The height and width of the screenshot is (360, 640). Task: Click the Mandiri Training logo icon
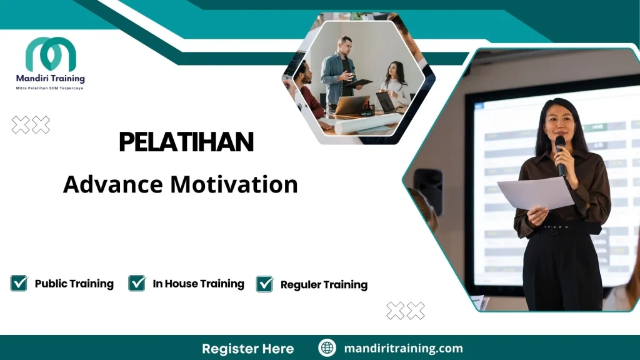pyautogui.click(x=51, y=54)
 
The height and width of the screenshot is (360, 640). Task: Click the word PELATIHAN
pyautogui.click(x=186, y=142)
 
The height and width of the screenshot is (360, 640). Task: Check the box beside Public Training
pyautogui.click(x=19, y=283)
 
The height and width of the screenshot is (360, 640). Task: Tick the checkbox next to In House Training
pyautogui.click(x=137, y=283)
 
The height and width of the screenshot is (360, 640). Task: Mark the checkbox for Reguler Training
pyautogui.click(x=264, y=284)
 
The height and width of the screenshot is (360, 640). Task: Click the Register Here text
pyautogui.click(x=247, y=348)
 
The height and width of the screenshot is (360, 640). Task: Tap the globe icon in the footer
pyautogui.click(x=327, y=348)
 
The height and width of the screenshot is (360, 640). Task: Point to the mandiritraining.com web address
pyautogui.click(x=403, y=348)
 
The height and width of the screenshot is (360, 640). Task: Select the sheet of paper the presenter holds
pyautogui.click(x=534, y=194)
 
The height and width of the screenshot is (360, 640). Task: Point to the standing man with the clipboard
pyautogui.click(x=338, y=72)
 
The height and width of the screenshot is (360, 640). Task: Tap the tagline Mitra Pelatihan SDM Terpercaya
pyautogui.click(x=49, y=88)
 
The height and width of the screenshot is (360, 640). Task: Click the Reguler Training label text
pyautogui.click(x=324, y=284)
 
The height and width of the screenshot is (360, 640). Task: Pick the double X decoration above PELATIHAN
pyautogui.click(x=31, y=125)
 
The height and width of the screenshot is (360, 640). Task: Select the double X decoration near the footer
pyautogui.click(x=405, y=311)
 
